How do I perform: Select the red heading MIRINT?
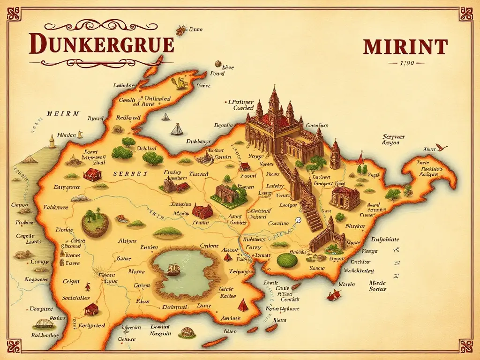(405, 47)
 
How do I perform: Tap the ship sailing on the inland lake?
(173, 270)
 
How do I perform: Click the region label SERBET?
(130, 174)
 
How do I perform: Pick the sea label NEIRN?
(63, 114)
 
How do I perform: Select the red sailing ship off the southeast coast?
(334, 295)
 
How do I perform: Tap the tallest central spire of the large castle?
(274, 98)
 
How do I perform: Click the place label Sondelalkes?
(75, 298)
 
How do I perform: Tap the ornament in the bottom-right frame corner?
(466, 346)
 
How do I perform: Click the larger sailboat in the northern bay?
(177, 129)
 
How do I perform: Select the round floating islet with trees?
(95, 223)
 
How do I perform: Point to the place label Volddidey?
(359, 270)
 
